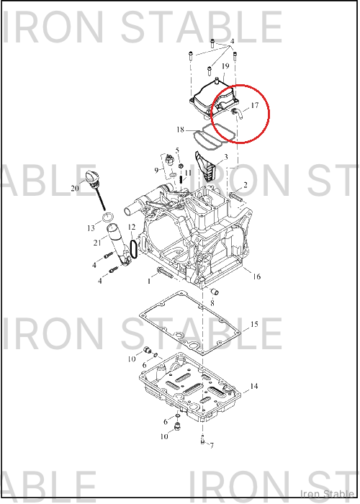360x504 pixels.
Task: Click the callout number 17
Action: coord(255,105)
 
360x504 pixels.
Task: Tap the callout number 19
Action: coord(225,66)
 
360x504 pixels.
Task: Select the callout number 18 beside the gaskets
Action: coord(180,130)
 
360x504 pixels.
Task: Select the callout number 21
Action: coord(97,243)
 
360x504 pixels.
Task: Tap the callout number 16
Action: coord(256,276)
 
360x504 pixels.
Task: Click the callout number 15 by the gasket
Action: coord(254,324)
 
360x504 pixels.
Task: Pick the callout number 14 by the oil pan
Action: coord(254,386)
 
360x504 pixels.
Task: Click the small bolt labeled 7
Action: coord(202,439)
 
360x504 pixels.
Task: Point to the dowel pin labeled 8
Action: coord(215,292)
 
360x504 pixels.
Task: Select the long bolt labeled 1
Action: coord(165,272)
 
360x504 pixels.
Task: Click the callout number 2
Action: coord(246,185)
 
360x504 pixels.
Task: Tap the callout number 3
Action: coord(226,157)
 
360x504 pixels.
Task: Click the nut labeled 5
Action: coord(181,166)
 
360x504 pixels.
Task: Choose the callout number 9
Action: coord(156,170)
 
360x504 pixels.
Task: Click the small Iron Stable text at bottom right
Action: coord(327,494)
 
